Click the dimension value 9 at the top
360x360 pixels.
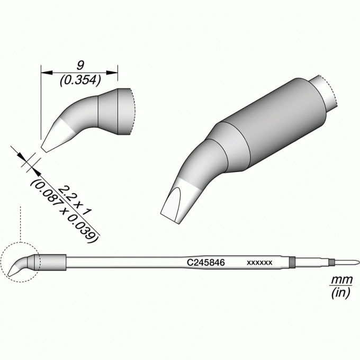(x=80, y=66)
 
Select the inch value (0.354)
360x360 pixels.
(x=80, y=80)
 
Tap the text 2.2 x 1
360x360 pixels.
(x=75, y=200)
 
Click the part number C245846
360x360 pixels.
(x=206, y=262)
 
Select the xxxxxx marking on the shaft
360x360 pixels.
(x=259, y=263)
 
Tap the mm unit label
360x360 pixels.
(x=341, y=280)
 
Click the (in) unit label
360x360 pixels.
(x=341, y=292)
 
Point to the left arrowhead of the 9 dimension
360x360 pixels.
(x=47, y=73)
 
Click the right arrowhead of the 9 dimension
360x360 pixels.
(x=112, y=73)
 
